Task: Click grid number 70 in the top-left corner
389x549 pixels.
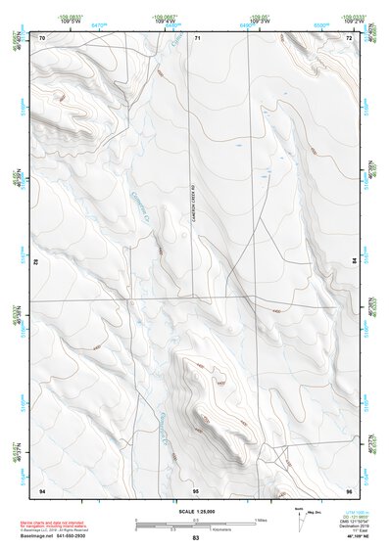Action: click(42, 37)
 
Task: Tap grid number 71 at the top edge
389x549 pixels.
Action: click(197, 37)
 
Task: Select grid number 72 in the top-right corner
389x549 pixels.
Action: click(350, 37)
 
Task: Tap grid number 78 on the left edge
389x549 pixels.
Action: click(36, 263)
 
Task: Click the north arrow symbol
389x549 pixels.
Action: click(272, 518)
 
